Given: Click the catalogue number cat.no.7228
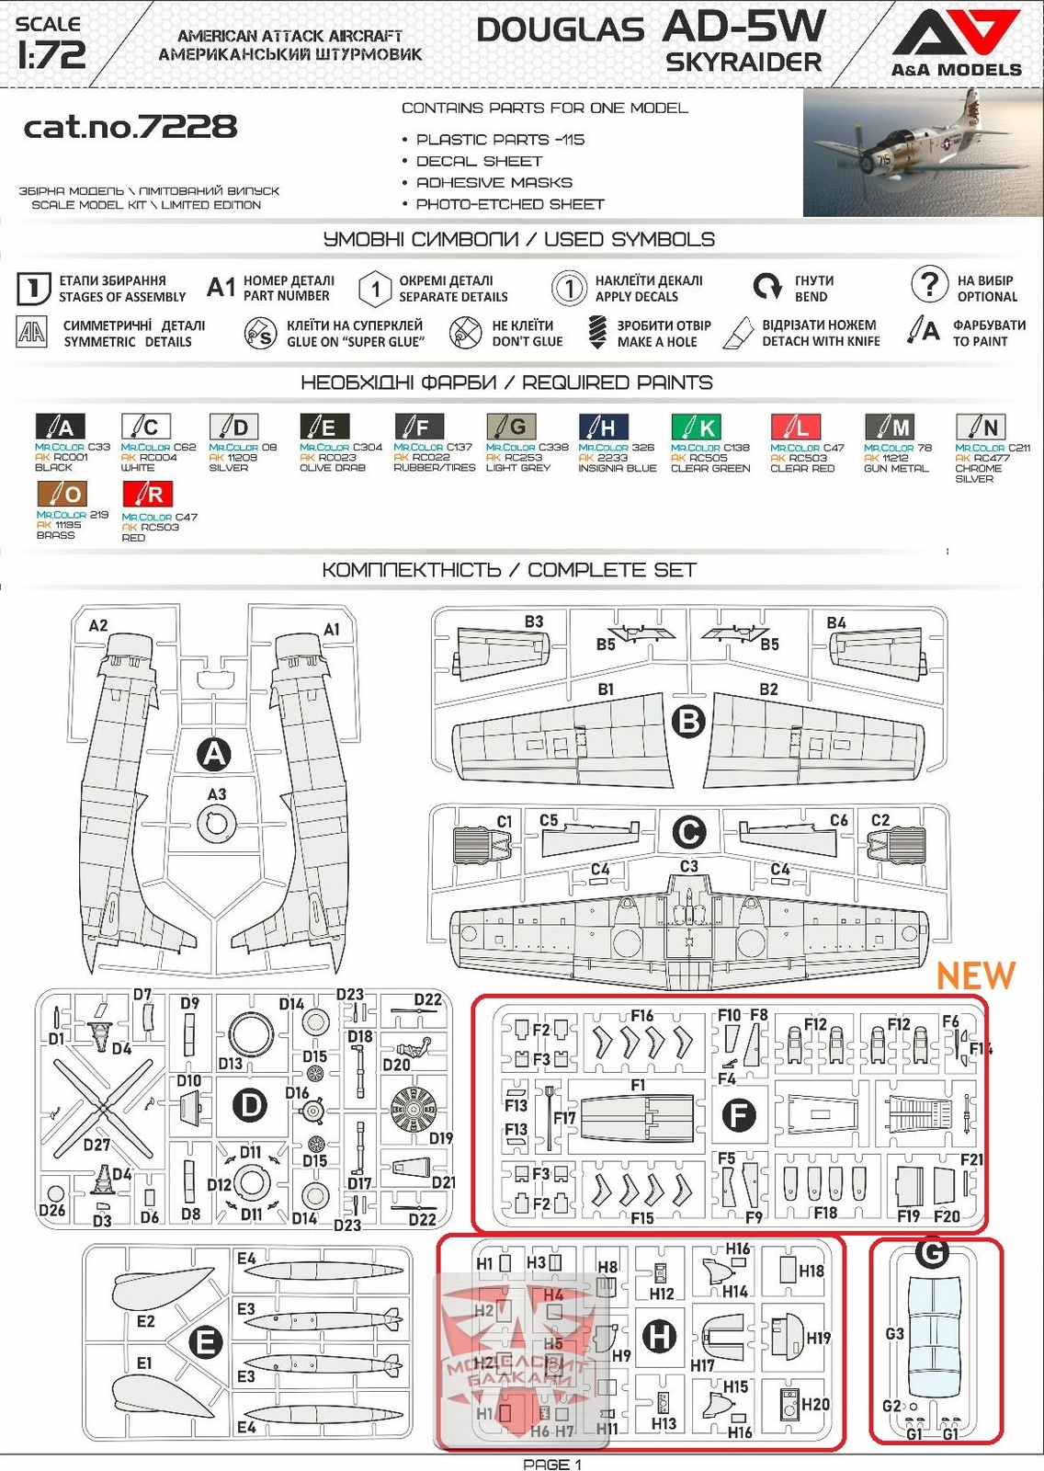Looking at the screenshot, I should pos(130,126).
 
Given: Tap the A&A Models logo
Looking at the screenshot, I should pos(956,42).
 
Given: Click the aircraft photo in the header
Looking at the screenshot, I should pos(923,153).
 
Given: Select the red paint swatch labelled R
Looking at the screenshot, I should pos(147,495).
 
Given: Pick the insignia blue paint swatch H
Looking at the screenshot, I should pos(603,427).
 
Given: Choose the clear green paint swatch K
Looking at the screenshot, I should pos(696,427).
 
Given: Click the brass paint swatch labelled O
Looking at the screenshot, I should pos(62,495).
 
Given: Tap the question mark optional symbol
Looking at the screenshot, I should pos(929,284).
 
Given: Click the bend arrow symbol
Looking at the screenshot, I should pos(766,287).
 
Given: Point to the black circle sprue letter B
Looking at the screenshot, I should pos(688,722).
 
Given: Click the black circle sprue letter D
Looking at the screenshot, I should pos(250,1105).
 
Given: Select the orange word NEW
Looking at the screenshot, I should pos(976,975).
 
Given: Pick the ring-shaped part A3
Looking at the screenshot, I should pos(216,823).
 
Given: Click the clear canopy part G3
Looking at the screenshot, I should pos(933,1328).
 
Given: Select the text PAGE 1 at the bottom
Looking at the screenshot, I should pos(552,1464).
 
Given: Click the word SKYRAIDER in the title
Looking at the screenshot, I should pos(743,63).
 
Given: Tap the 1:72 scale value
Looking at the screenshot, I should pos(51,55).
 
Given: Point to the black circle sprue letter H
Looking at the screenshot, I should pos(659,1337).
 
